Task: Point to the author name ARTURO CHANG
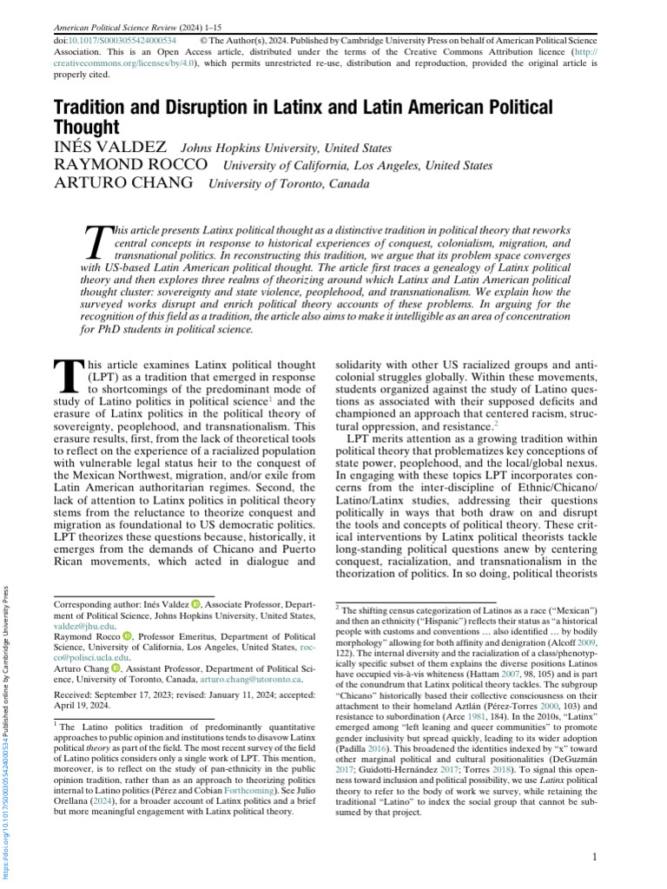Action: point(125,183)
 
